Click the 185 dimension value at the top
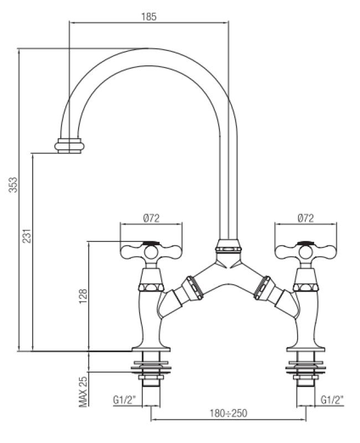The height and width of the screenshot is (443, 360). pyautogui.click(x=149, y=17)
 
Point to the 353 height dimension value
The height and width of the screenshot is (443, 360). pyautogui.click(x=13, y=184)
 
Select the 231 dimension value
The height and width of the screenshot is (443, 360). pyautogui.click(x=26, y=236)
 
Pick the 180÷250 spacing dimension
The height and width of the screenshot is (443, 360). pyautogui.click(x=229, y=413)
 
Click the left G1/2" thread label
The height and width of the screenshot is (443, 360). pyautogui.click(x=125, y=399)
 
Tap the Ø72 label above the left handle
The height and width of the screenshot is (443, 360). pyautogui.click(x=151, y=218)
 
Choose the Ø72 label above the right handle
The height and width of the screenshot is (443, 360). pyautogui.click(x=305, y=218)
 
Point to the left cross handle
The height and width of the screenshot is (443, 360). pyautogui.click(x=151, y=252)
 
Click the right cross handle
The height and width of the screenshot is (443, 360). pyautogui.click(x=306, y=252)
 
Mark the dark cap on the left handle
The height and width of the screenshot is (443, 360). pyautogui.click(x=151, y=243)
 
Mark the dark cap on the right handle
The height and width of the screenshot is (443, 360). pyautogui.click(x=306, y=243)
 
